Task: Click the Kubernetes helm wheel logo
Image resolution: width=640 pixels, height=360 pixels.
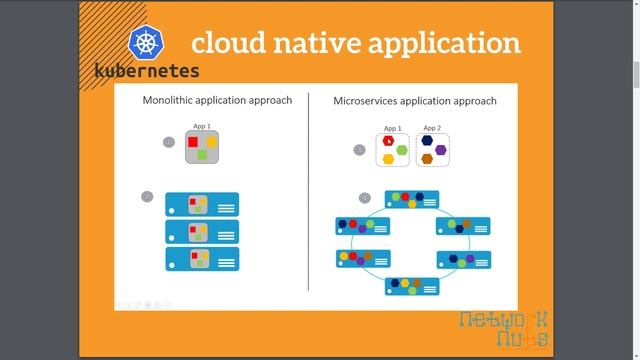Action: pos(146,43)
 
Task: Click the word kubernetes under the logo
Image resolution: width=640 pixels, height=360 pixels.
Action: pos(147,71)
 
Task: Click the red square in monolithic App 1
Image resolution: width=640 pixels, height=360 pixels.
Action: pos(193,142)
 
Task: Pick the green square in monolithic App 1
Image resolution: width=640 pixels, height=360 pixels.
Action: pos(202,155)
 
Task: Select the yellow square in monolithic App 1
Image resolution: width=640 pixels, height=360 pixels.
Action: pos(211,142)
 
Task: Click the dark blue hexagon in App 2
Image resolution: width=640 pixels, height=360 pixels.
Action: pos(427,141)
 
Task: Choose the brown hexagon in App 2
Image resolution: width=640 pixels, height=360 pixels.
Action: pos(427,159)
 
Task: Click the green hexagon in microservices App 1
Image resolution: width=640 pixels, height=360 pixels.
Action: pos(402,150)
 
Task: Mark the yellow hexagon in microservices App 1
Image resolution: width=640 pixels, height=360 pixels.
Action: pos(388,159)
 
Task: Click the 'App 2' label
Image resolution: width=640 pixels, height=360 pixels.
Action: pos(432,128)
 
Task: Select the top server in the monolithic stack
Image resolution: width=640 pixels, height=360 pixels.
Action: pos(202,205)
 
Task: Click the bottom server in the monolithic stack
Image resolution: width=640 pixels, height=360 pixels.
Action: pos(202,259)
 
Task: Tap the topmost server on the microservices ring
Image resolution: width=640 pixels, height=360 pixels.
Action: pos(412,198)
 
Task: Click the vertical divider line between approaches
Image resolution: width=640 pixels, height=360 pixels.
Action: pos(308,190)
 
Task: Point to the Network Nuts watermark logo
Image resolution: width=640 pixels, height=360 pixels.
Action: pos(503,329)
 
